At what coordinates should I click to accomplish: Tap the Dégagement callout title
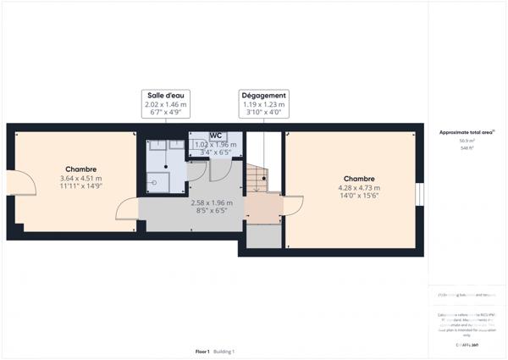[x=263, y=95]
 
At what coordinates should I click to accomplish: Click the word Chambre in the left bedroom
[x=80, y=169]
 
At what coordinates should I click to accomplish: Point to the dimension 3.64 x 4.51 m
[x=80, y=178]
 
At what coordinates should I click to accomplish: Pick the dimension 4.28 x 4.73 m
[x=359, y=188]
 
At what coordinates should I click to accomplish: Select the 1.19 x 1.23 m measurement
[x=263, y=104]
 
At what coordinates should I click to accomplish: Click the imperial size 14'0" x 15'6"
[x=359, y=197]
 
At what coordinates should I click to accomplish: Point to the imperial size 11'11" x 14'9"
[x=80, y=187]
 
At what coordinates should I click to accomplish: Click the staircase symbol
[x=257, y=178]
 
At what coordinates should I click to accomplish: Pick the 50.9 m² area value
[x=466, y=141]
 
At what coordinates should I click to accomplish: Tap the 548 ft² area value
[x=466, y=148]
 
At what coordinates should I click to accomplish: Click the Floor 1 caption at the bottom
[x=202, y=351]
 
